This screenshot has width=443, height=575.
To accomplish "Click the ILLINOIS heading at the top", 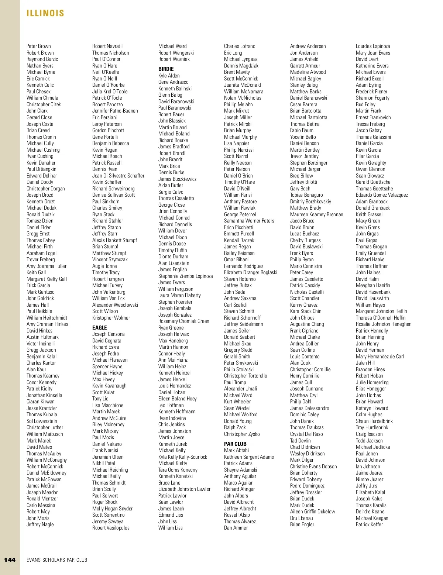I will (45, 13).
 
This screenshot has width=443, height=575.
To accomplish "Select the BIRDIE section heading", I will (166, 69).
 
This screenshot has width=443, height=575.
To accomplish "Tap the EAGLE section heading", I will (99, 328).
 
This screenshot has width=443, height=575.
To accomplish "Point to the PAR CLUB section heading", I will (235, 444).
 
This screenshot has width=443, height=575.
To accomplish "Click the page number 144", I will (10, 559).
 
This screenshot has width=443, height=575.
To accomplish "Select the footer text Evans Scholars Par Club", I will (57, 560).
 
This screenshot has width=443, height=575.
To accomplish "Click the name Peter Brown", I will (39, 46).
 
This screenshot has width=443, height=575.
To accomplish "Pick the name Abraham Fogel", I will (41, 253).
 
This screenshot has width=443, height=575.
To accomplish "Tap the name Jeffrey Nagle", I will (40, 524).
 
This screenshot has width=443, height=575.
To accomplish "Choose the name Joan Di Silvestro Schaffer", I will (118, 176).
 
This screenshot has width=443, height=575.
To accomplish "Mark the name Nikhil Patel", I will (104, 463).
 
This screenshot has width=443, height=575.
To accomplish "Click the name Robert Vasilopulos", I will (111, 528).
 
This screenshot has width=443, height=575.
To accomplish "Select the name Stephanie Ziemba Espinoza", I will (185, 276).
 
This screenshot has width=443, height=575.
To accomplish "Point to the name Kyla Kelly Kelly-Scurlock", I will (183, 457).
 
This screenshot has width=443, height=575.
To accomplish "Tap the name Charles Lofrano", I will (240, 46).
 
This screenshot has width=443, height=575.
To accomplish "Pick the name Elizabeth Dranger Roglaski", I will (250, 272).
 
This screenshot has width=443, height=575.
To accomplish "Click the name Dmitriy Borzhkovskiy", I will (310, 202).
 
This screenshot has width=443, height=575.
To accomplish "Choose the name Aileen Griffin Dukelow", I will (312, 512).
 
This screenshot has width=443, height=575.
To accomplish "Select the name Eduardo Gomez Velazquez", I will (382, 195).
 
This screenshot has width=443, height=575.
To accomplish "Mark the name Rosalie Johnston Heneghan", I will (383, 324).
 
